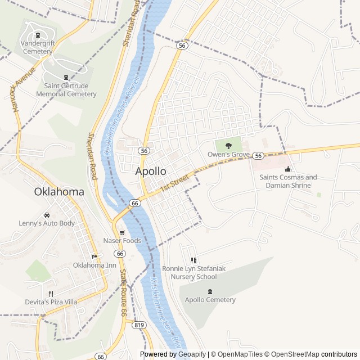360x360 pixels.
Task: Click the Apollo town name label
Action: coord(151,170)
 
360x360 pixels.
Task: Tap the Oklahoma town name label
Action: coord(59,191)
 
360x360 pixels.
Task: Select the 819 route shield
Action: coord(139,325)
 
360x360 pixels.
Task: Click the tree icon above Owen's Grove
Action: coord(228,145)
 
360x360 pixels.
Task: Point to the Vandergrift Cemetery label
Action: coord(38,47)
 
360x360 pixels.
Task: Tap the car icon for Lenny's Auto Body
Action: coord(46,215)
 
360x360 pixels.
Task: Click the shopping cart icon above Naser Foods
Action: coord(121,232)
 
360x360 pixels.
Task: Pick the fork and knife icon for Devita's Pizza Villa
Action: coord(51,293)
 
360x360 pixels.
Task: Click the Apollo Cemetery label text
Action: coord(210,300)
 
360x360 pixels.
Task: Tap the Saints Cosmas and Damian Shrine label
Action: coord(288,181)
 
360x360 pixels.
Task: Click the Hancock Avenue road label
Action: coord(22,91)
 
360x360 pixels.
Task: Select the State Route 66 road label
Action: coord(123,292)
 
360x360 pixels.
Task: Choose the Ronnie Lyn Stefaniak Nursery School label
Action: coord(193,272)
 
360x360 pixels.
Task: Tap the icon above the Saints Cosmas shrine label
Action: coord(289,169)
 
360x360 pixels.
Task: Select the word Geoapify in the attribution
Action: coord(192,354)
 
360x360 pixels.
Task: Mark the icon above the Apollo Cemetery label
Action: coord(210,291)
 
